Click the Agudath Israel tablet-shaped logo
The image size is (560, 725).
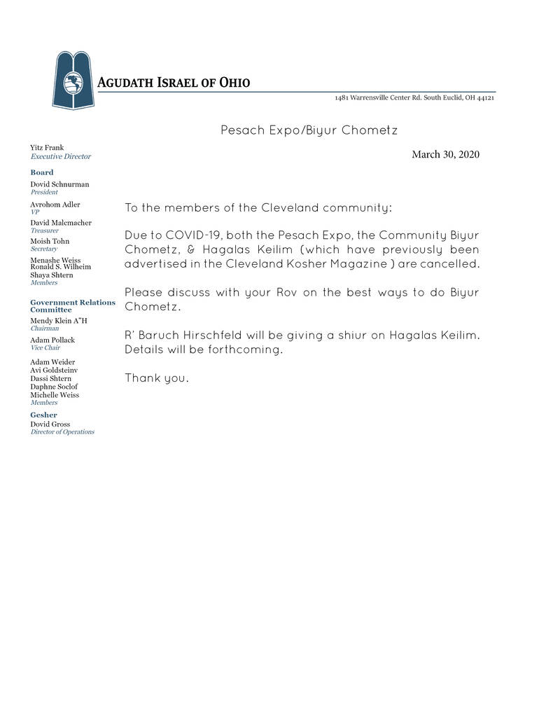[x=72, y=80]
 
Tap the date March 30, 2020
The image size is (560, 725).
[x=445, y=154]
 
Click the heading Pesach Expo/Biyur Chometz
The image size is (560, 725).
[x=309, y=130]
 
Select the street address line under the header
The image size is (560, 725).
[x=414, y=98]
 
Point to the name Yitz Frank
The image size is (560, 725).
[x=47, y=148]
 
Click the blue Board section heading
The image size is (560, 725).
[x=42, y=172]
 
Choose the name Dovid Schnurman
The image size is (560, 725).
[x=59, y=184]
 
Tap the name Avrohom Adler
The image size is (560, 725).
[x=55, y=205]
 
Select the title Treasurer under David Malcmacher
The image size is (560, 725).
[x=45, y=230]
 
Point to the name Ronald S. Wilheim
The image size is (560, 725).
[x=60, y=267]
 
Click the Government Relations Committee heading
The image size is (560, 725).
[x=73, y=306]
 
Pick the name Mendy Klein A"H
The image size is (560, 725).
[x=59, y=321]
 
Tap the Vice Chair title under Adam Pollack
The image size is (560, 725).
[x=45, y=347]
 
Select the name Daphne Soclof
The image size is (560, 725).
[x=54, y=387]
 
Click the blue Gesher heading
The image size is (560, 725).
[x=44, y=415]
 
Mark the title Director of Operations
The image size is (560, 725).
[x=62, y=432]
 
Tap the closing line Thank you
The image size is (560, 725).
[x=157, y=378]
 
